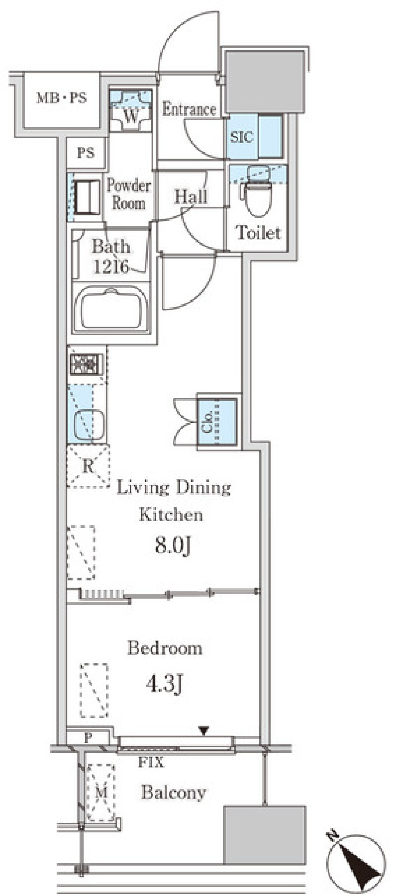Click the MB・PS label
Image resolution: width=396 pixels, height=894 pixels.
tap(62, 98)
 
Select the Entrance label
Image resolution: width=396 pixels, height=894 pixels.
tap(189, 109)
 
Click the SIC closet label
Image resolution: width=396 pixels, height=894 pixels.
tap(242, 137)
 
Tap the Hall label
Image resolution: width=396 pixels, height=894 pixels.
tap(191, 197)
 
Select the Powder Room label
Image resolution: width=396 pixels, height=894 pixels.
tap(129, 194)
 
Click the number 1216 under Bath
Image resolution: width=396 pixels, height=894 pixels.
tap(111, 267)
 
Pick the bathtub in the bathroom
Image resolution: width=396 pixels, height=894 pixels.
tap(111, 308)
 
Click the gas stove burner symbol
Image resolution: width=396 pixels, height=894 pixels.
tap(87, 364)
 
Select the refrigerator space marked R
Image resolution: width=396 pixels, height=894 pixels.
tap(88, 466)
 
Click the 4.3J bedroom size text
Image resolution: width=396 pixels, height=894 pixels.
tap(164, 684)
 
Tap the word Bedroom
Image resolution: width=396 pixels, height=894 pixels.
tap(165, 648)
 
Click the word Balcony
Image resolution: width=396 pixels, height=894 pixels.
tap(174, 792)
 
